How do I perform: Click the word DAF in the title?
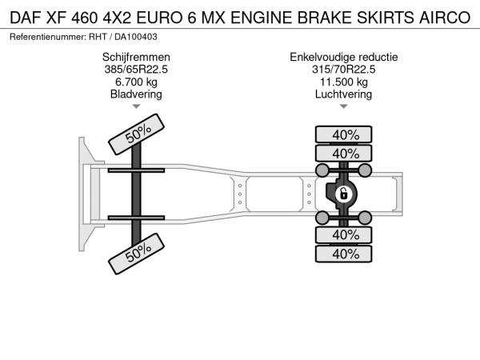(26, 18)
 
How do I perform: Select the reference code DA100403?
(136, 37)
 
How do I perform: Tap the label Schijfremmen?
(136, 58)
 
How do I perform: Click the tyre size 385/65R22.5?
(136, 70)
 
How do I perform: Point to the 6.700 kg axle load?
(136, 82)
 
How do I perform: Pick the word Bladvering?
(136, 94)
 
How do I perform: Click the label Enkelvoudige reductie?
(344, 58)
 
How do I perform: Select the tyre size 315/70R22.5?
(344, 70)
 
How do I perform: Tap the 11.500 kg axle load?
(344, 82)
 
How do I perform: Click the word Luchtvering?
(344, 94)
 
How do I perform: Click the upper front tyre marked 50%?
(137, 134)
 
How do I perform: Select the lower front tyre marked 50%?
(137, 254)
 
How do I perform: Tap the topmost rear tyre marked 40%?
(344, 134)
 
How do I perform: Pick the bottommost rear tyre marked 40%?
(344, 254)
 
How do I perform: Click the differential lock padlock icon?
(343, 194)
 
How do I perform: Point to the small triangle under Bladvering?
(136, 106)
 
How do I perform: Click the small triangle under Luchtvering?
(344, 106)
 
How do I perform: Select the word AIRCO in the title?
(445, 18)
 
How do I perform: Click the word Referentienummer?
(48, 37)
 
